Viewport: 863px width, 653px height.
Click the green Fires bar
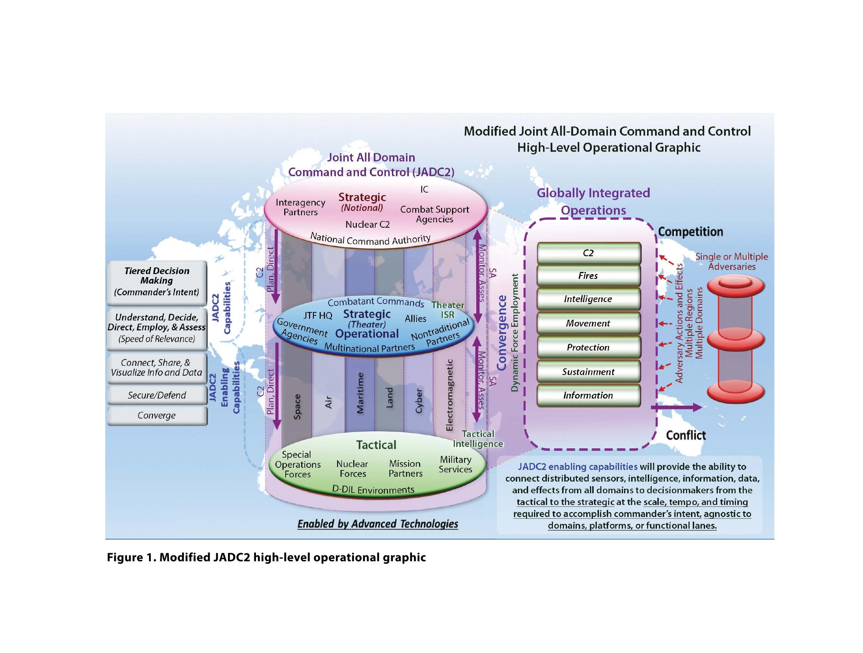(588, 276)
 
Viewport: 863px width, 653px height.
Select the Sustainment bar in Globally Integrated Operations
(588, 372)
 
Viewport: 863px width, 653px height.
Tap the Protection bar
(588, 347)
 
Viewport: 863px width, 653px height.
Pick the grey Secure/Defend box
(157, 396)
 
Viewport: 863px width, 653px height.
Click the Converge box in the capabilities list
(157, 416)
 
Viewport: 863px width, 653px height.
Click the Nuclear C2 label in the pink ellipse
(367, 225)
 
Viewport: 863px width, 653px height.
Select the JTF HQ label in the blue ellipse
(318, 316)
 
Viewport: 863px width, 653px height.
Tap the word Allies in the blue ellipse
(416, 318)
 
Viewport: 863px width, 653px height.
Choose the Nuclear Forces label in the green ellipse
(352, 469)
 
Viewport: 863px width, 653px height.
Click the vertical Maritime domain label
(360, 393)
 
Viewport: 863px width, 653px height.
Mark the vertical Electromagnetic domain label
(450, 395)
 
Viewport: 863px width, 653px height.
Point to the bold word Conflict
(686, 435)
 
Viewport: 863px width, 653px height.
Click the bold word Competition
(691, 232)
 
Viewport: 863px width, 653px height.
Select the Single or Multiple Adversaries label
(732, 261)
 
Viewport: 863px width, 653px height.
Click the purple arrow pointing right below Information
(677, 408)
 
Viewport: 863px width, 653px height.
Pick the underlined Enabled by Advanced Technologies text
(378, 524)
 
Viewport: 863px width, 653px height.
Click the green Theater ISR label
(448, 310)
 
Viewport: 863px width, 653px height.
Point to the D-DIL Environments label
(373, 490)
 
